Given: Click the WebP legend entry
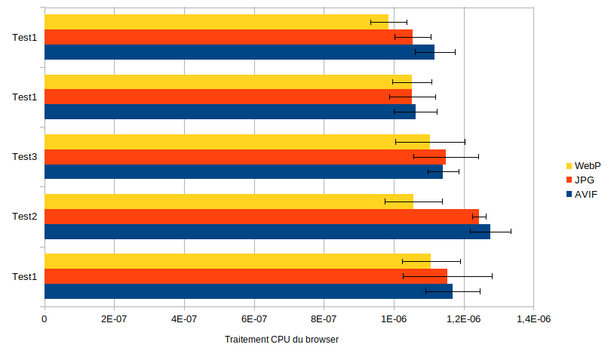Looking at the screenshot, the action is pos(583,166).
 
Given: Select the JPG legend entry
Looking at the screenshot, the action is pos(580,180).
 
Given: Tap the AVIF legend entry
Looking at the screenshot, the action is pos(582,194).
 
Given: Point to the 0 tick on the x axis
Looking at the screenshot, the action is pos(45,319).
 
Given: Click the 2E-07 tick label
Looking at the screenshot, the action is pos(114,319).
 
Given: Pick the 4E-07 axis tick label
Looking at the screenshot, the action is pos(184,319).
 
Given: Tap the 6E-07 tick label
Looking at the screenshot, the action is pos(254,319).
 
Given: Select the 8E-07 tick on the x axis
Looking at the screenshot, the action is pos(324,319).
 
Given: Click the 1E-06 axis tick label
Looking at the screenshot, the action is pos(394,319).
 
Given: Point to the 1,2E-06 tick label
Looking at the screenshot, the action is pos(464,319).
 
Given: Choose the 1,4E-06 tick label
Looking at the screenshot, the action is pos(533,319).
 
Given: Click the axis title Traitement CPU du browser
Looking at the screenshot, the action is pos(281,340).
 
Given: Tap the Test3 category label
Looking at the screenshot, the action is pos(25,157).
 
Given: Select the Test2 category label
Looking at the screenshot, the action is pos(25,217).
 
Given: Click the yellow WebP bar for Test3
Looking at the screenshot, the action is pos(237,142).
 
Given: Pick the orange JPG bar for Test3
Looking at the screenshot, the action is pos(245,157).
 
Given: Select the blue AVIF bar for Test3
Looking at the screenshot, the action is pos(244,171).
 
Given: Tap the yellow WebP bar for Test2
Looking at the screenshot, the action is pos(229,202).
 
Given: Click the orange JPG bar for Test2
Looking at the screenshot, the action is pos(262,217).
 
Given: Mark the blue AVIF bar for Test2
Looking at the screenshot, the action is pos(267,231).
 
